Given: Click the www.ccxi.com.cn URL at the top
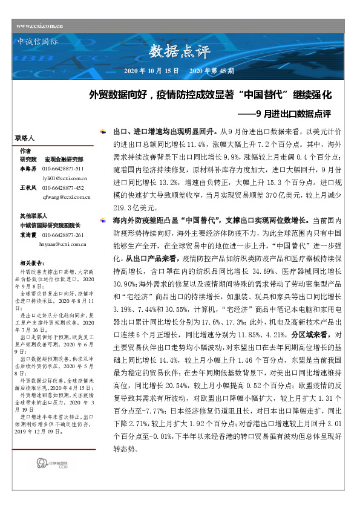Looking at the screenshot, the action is point(39,26).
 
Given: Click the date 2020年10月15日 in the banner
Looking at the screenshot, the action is point(151,71).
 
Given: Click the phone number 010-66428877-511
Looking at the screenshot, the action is point(63,168).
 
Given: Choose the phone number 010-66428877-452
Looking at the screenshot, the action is point(63,188).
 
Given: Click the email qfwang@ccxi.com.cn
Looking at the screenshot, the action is point(66,197).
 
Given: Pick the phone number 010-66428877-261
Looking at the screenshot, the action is point(63,235).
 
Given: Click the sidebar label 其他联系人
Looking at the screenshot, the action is point(33,216).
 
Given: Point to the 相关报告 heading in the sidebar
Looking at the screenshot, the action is point(32,263).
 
